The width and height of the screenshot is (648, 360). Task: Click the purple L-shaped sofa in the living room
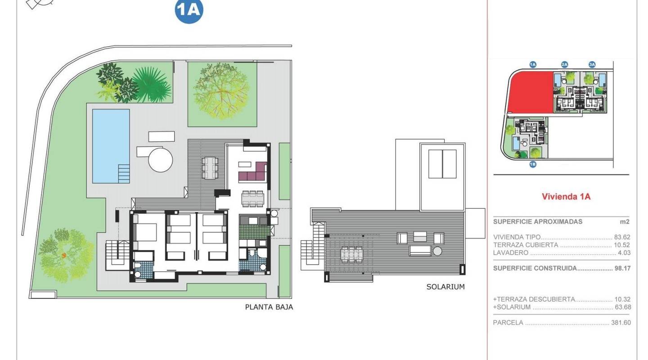[x=253, y=172]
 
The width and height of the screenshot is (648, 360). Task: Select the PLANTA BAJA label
[x=269, y=307]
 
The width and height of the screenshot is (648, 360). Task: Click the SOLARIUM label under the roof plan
[x=445, y=287]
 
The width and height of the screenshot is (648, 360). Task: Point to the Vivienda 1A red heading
[x=566, y=197]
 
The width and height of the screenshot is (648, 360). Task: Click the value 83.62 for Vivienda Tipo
[x=622, y=237]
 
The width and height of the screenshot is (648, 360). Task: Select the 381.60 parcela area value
[x=621, y=323]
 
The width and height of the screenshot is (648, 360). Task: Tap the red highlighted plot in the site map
[x=530, y=92]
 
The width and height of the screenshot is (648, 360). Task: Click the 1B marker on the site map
[x=533, y=164]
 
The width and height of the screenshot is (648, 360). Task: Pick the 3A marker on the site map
[x=592, y=65]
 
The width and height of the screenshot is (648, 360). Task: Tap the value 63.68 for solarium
[x=622, y=307]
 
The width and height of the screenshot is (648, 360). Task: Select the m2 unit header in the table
[x=624, y=221]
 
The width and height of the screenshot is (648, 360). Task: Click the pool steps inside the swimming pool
[x=123, y=173]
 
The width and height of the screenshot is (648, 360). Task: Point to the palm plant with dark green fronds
[x=152, y=84]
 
